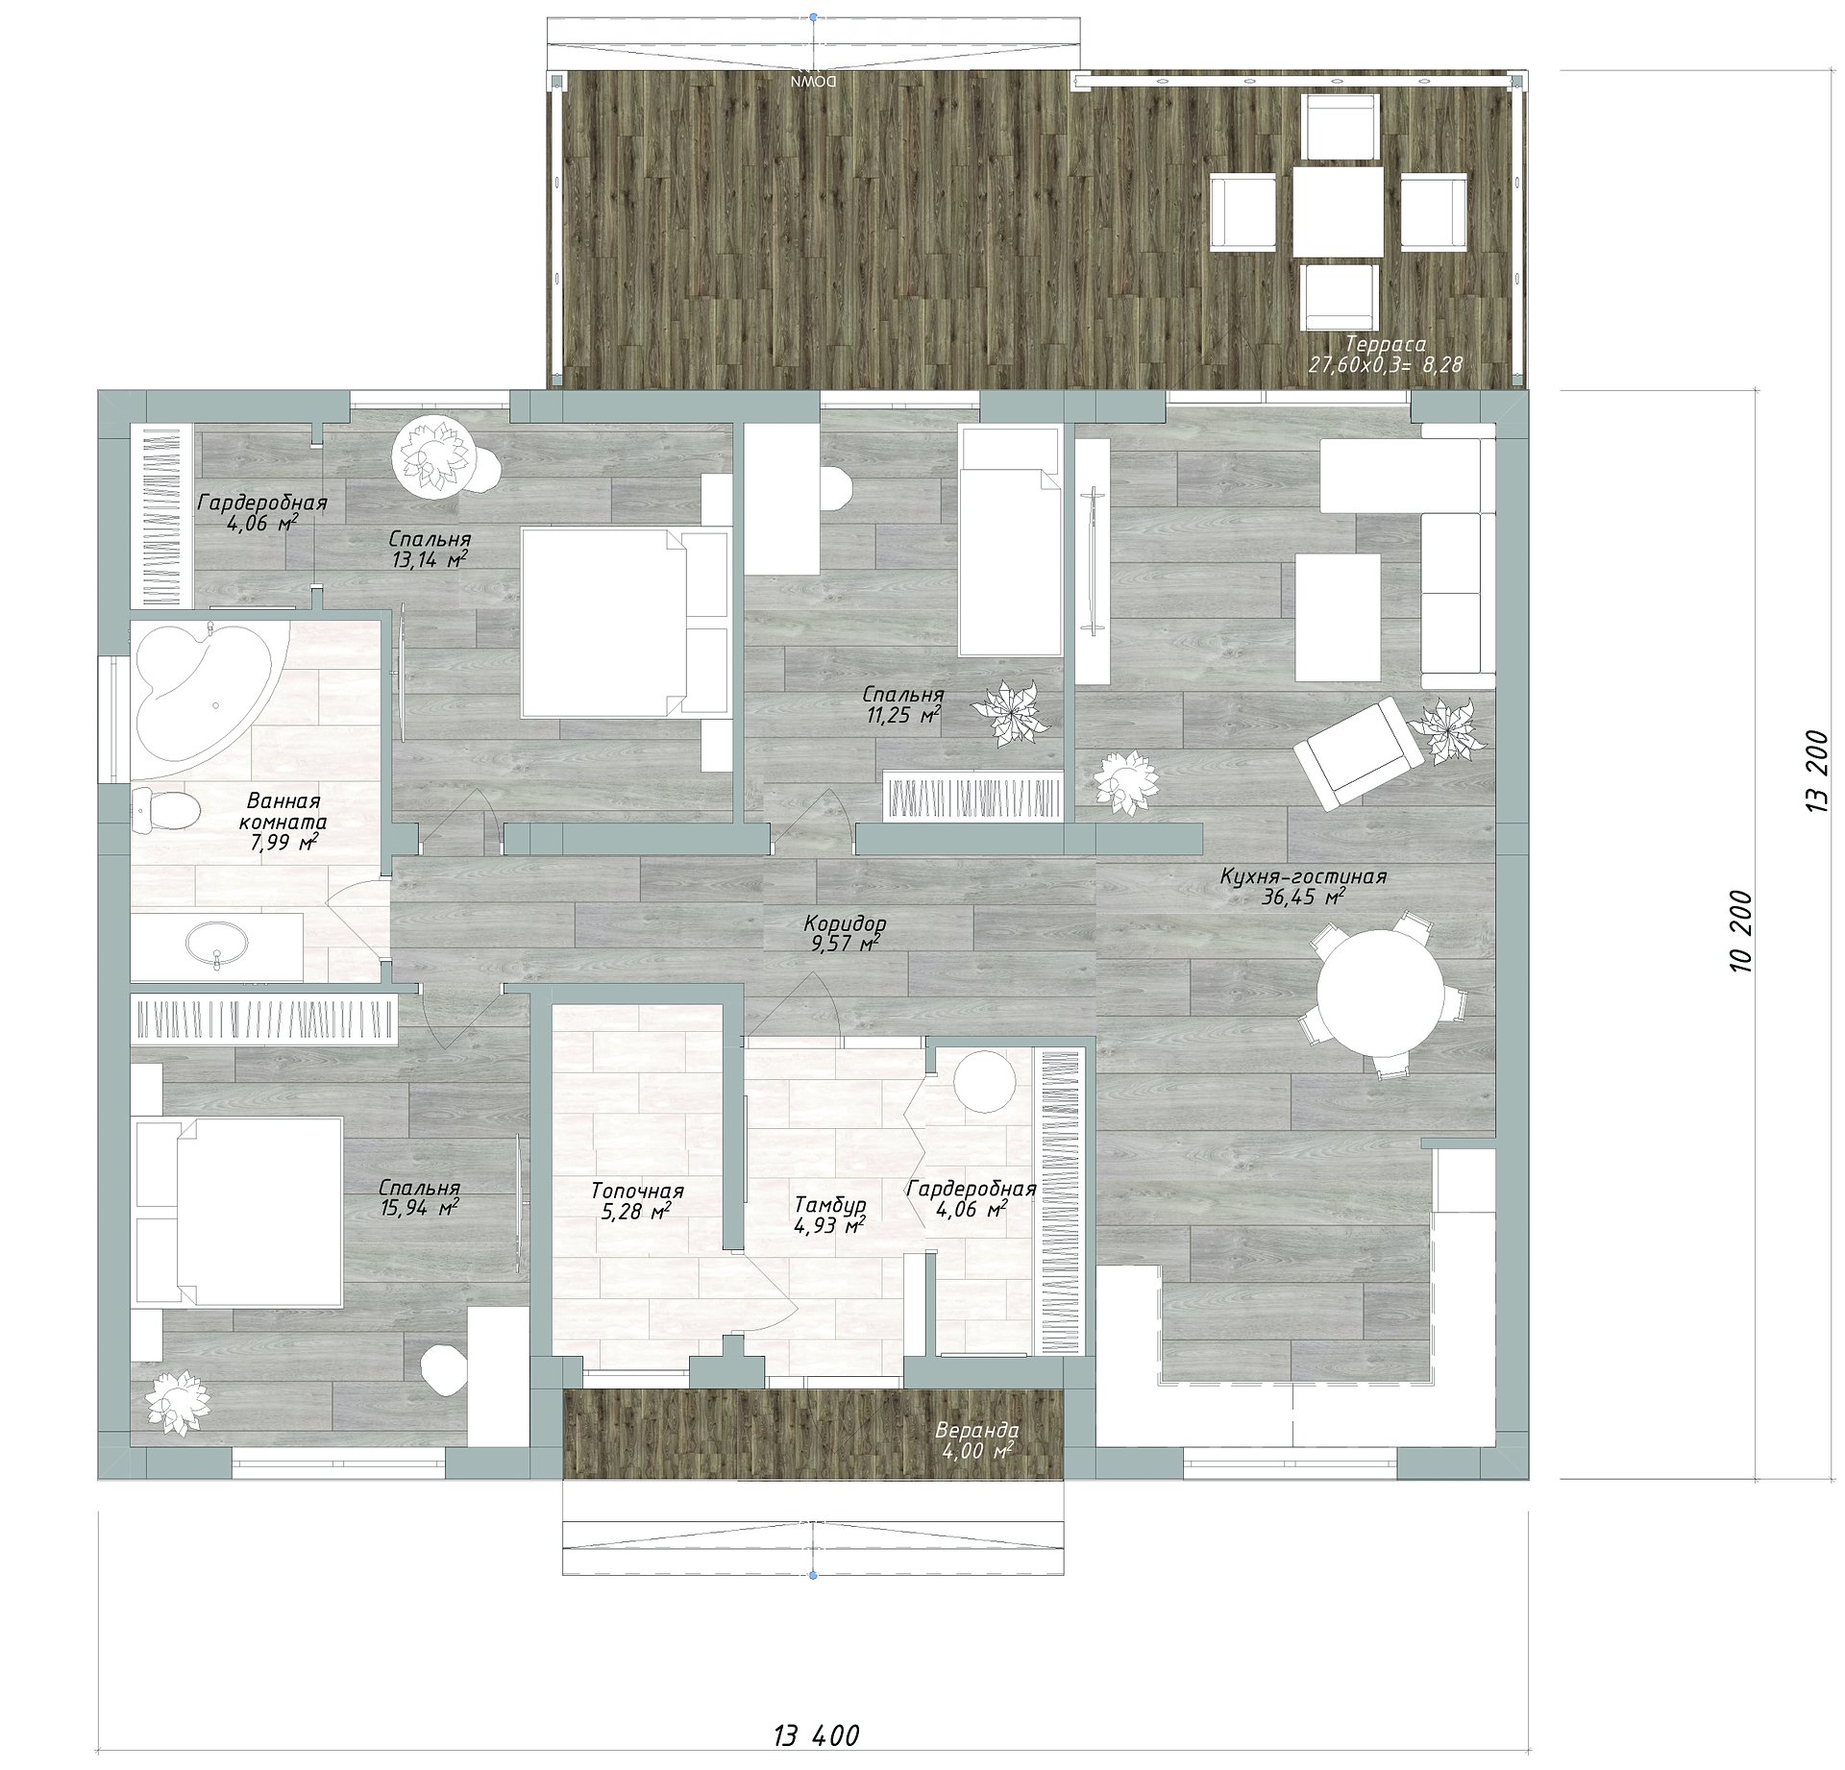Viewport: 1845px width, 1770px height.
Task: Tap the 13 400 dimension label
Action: coord(816,1735)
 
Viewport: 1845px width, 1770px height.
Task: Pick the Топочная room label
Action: coord(636,1192)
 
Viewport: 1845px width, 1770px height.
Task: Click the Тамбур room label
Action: coord(829,1204)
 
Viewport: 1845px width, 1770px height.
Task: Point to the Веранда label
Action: coord(977,1430)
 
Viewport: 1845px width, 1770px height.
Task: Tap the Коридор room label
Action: coord(845,923)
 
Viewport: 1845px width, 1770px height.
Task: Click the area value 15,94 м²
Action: coord(419,1208)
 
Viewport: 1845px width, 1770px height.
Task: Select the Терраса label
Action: coord(1385,343)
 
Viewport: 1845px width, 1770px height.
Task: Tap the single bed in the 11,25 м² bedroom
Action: coord(1010,542)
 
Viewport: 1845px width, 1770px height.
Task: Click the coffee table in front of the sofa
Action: coord(1338,617)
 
